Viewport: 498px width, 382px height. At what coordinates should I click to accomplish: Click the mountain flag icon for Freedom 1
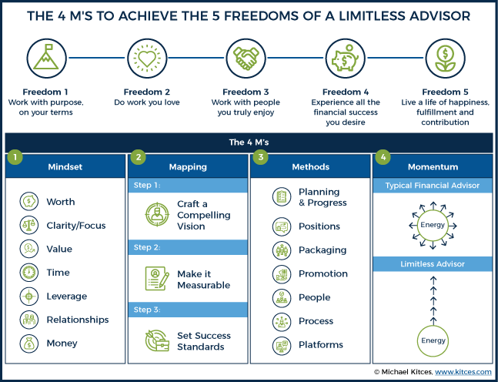[46, 59]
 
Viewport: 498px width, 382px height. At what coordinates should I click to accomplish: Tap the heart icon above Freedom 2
[147, 59]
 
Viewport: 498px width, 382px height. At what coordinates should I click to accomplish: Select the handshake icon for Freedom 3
[246, 59]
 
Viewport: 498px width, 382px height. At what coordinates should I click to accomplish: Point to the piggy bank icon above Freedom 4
[346, 59]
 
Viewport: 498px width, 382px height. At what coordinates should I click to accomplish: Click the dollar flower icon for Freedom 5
[446, 59]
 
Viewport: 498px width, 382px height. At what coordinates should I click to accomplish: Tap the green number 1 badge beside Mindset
[15, 157]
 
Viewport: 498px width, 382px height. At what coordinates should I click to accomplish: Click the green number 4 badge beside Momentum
[383, 157]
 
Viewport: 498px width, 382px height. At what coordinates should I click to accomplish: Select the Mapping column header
[188, 166]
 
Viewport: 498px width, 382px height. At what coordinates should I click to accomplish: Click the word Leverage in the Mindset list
[67, 297]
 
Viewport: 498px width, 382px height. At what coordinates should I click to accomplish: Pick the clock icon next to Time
[29, 273]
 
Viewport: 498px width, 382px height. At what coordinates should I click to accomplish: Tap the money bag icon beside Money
[29, 343]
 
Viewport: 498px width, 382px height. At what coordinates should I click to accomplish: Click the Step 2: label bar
[188, 247]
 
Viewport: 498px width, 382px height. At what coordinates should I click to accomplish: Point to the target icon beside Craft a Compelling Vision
[157, 215]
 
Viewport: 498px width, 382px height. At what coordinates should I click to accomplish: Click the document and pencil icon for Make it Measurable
[157, 278]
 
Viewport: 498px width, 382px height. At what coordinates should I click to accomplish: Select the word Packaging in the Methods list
[323, 250]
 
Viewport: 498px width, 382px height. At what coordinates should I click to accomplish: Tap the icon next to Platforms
[282, 346]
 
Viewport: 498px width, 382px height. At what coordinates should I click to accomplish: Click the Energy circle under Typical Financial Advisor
[433, 226]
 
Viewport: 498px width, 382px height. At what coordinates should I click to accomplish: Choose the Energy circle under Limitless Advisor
[433, 340]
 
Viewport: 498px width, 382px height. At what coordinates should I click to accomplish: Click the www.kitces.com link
[463, 372]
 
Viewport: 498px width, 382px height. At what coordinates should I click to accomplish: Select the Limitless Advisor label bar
[433, 263]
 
